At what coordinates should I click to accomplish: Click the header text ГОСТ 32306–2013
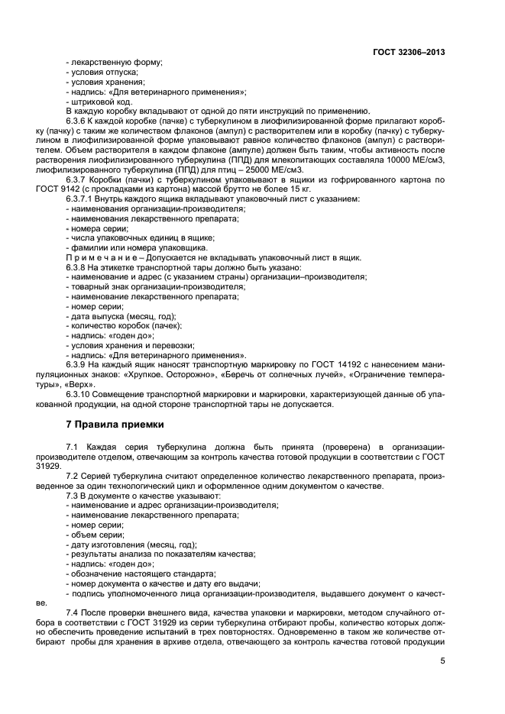[408, 52]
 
